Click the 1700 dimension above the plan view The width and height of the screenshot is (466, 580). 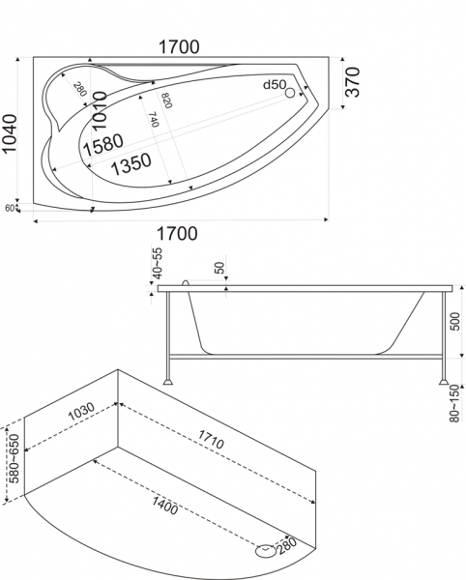pos(179,47)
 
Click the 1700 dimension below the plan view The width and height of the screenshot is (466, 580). pos(177,233)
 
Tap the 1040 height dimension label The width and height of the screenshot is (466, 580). pos(9,133)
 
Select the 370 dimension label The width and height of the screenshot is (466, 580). pos(352,82)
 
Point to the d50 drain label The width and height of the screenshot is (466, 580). pos(275,85)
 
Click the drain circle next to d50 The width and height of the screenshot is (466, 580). pos(290,93)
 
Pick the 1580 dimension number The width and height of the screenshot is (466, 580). pos(103,145)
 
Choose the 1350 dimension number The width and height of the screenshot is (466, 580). pos(131,164)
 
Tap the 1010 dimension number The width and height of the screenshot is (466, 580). pos(100,110)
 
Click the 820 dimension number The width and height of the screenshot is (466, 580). pos(166,101)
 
